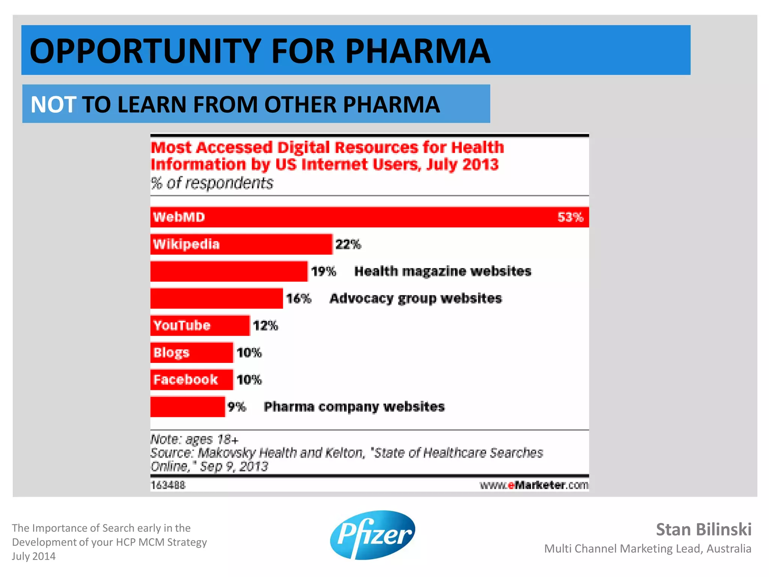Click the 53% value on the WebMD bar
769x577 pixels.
coord(570,217)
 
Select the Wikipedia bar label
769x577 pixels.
coord(186,244)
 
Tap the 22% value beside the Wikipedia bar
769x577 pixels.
coord(348,245)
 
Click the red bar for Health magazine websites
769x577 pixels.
coord(229,271)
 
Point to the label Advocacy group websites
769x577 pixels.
coord(415,298)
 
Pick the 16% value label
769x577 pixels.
coord(299,299)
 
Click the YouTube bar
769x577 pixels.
coord(200,325)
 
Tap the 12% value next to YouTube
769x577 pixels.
coord(265,325)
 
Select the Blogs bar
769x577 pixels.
coord(191,352)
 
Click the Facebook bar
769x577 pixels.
coord(191,379)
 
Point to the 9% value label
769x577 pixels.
coord(237,407)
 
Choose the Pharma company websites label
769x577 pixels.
coord(354,407)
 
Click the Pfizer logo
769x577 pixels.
coord(372,535)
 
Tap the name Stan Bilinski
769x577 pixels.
coord(703,529)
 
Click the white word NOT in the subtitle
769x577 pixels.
coord(53,104)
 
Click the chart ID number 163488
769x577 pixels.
coord(168,485)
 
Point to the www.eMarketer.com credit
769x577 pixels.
coord(534,485)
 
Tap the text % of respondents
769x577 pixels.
coord(212,183)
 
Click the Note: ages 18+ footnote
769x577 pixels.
coord(194,439)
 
